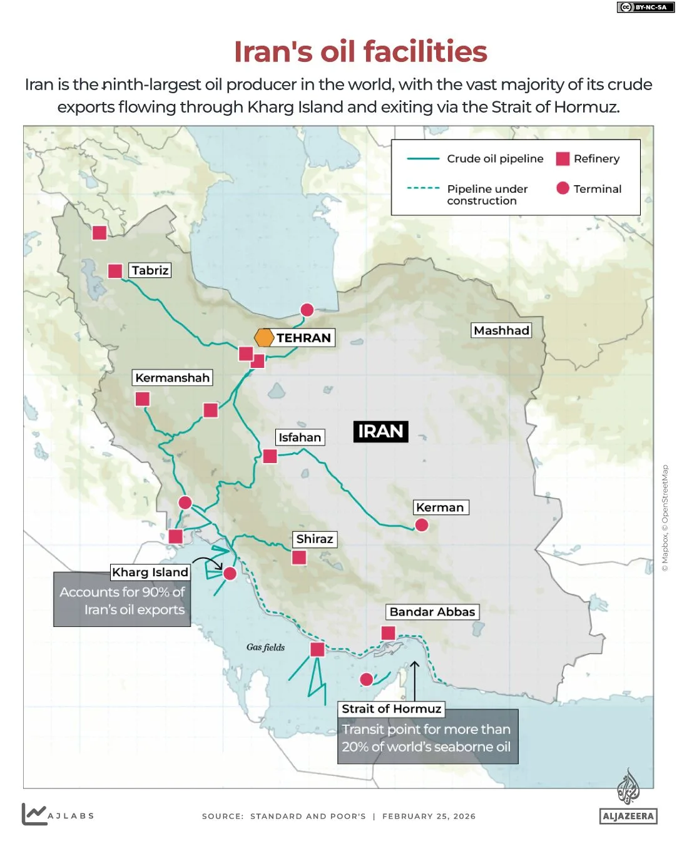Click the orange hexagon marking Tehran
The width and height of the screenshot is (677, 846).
pos(264,337)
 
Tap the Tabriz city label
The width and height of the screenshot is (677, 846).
pos(150,270)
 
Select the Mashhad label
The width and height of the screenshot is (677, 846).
pos(501,330)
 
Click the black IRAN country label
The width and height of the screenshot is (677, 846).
pos(380,431)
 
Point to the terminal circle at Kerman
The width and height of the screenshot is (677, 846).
pos(422,524)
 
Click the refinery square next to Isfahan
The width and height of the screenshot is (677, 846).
pos(270,456)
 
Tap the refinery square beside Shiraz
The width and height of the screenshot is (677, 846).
pos(299,557)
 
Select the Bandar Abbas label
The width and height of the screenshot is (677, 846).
pos(432,611)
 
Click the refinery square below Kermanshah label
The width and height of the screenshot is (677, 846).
pos(143,399)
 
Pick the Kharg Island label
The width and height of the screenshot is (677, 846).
pos(150,572)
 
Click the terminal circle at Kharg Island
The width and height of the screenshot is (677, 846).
pos(230,573)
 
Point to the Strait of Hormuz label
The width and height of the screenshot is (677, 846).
pos(392,708)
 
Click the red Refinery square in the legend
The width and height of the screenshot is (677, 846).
pos(562,159)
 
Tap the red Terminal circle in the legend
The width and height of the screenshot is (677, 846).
pos(562,188)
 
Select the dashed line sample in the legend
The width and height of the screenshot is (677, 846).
pos(423,188)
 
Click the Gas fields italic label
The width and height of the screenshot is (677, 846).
pos(265,647)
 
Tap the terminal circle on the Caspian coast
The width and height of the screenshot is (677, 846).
pos(307,310)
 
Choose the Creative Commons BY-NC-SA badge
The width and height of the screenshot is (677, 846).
pos(643,8)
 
